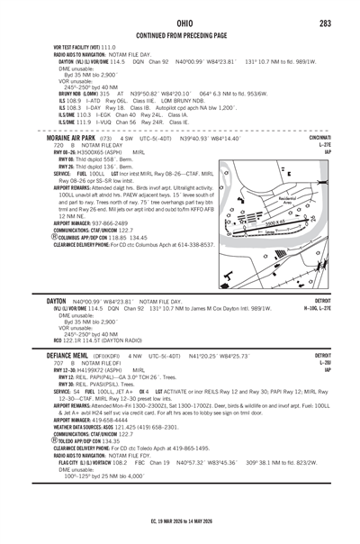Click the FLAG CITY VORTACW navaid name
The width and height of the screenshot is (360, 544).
(85, 465)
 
